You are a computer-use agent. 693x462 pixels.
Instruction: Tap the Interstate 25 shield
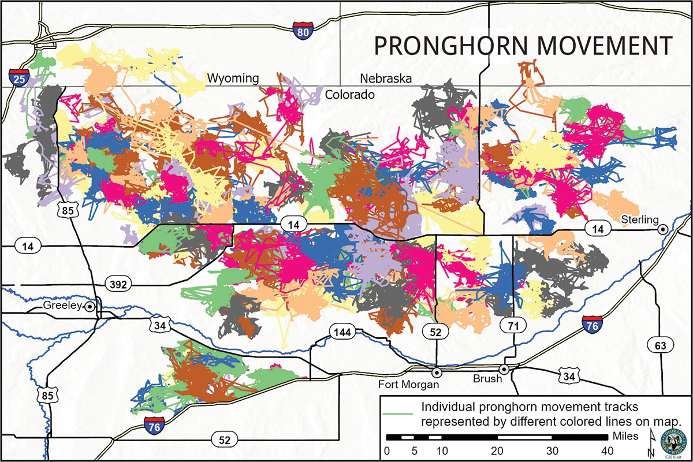click(x=19, y=78)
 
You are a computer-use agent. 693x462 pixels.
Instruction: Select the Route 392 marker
click(x=120, y=283)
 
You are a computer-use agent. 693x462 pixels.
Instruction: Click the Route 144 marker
click(x=342, y=331)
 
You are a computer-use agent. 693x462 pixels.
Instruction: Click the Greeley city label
click(x=61, y=305)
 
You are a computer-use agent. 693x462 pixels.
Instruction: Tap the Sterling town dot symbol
click(x=664, y=229)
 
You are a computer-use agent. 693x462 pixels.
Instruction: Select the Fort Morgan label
click(x=407, y=384)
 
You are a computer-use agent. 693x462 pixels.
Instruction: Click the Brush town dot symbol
click(x=504, y=369)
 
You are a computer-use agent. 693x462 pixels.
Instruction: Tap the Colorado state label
click(x=349, y=94)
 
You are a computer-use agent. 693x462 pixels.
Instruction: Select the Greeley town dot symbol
click(x=90, y=306)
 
